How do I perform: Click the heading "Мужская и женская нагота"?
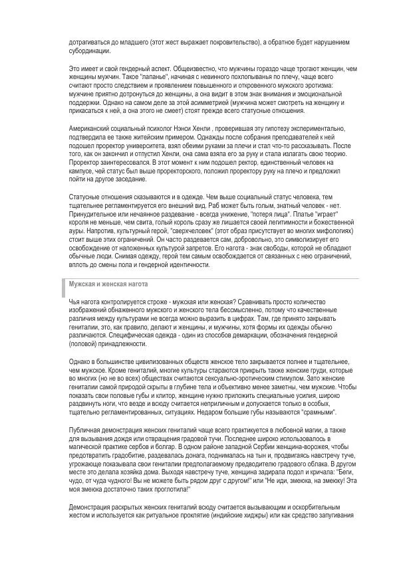point(108,283)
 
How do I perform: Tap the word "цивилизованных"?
point(150,361)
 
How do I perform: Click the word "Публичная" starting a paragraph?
point(86,431)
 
